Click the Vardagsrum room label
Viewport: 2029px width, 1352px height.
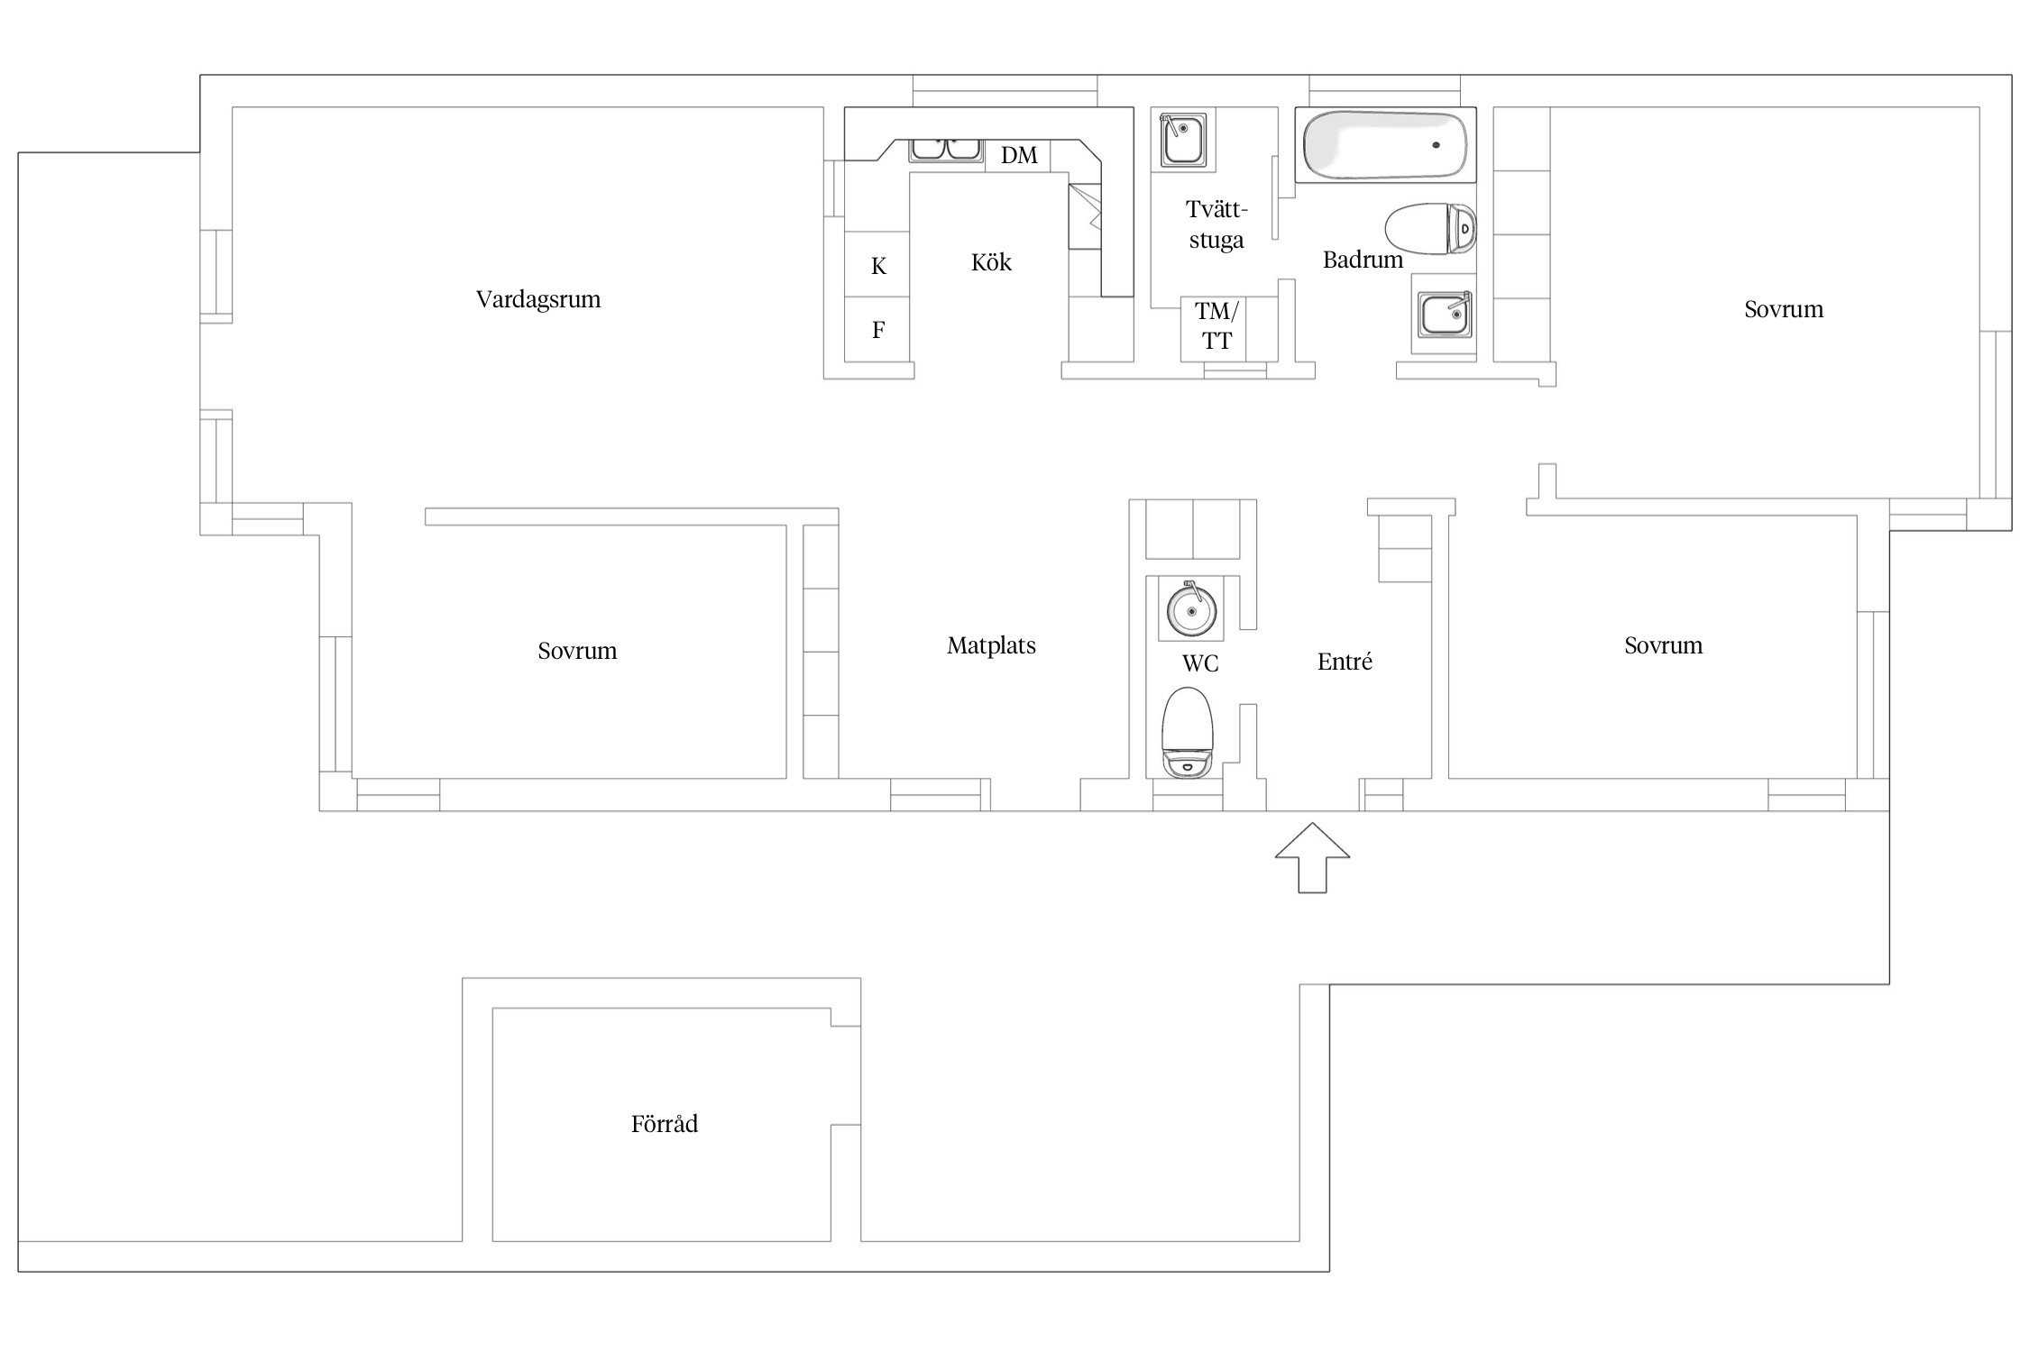(538, 299)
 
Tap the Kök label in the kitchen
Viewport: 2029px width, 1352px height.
(991, 262)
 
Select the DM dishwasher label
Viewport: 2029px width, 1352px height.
(1019, 155)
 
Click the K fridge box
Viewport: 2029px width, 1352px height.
(877, 266)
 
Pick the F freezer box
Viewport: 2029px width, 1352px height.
(877, 330)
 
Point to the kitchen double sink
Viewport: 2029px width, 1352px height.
(945, 150)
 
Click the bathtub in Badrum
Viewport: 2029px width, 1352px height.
(1386, 144)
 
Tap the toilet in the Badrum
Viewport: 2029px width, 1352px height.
(1431, 229)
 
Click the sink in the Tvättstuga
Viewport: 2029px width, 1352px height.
(1182, 140)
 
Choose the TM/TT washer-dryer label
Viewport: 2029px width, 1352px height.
(1216, 326)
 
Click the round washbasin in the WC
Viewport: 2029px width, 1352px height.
(1191, 609)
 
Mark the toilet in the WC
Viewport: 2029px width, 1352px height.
(1188, 733)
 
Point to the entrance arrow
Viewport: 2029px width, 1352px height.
(1312, 857)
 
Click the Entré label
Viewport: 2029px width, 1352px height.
(1345, 662)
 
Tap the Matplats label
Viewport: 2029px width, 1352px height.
(991, 645)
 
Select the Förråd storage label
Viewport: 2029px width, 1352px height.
(665, 1123)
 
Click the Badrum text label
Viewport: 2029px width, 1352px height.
(1363, 260)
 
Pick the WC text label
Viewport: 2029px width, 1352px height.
(1200, 663)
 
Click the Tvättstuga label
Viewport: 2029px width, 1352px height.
(1216, 224)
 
